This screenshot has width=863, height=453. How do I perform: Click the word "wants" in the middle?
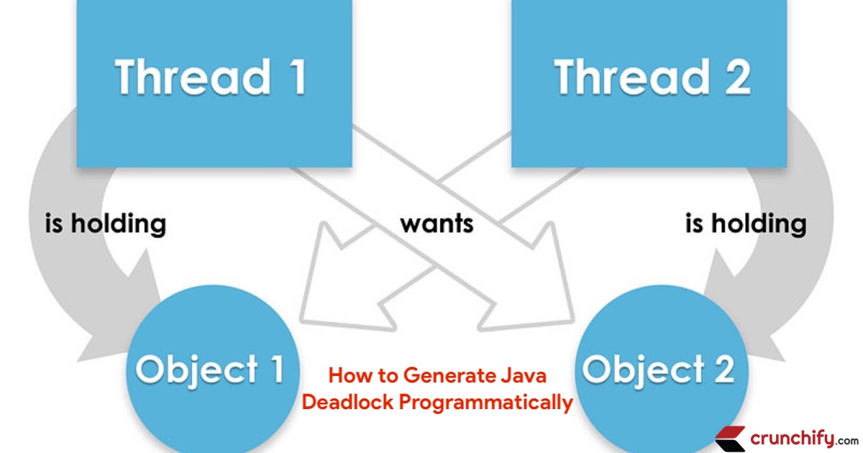[437, 223]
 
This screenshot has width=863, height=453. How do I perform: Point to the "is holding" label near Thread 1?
[105, 224]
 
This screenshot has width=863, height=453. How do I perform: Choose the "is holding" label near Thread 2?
[746, 224]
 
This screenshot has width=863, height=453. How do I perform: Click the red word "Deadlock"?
[348, 402]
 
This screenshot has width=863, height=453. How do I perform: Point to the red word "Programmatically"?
[486, 402]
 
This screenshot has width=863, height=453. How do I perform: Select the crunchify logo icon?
[730, 438]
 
